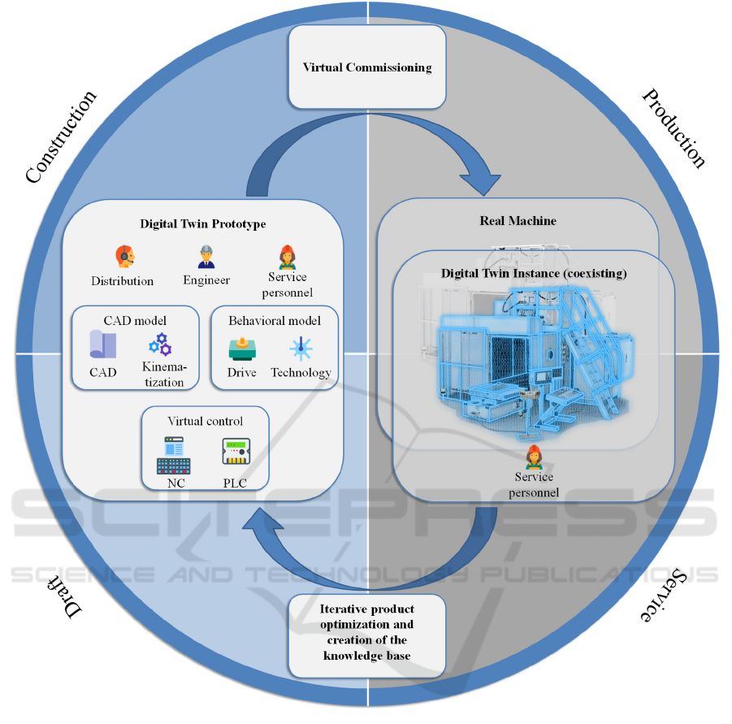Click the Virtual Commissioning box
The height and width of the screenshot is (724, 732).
(367, 67)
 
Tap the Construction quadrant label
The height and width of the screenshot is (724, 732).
(61, 136)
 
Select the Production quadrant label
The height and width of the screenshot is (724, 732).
(674, 128)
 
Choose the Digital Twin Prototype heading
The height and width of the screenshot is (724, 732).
(202, 223)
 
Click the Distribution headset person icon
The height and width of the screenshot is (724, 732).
(123, 257)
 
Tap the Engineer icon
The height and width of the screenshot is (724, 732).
(206, 257)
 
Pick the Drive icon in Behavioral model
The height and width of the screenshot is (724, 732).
(242, 349)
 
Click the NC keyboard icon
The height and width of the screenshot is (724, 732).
(173, 456)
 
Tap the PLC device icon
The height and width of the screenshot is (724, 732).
(235, 452)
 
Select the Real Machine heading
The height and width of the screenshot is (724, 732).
(517, 220)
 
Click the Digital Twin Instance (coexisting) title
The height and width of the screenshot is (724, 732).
(534, 273)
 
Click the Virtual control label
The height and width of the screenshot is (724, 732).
(205, 421)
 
